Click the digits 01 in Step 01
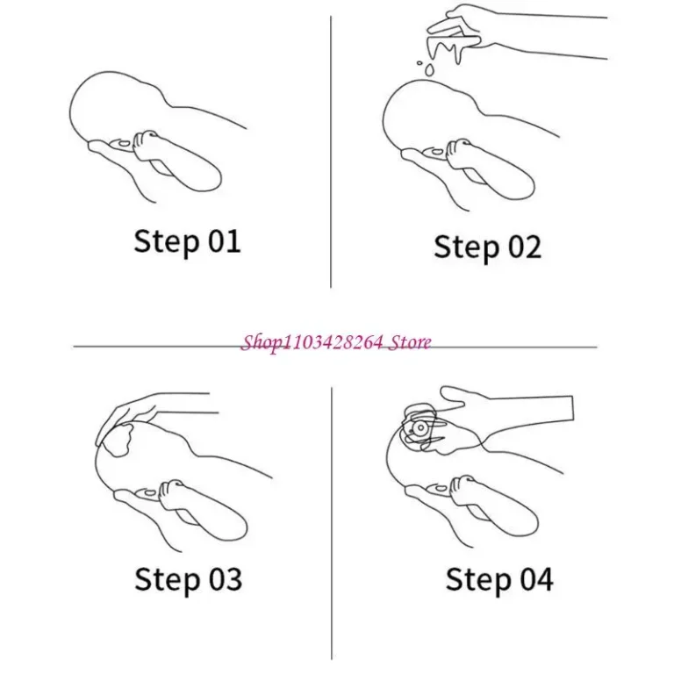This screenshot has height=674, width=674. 224,241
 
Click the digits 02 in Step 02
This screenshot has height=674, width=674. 525,247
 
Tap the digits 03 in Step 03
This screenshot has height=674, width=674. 226,579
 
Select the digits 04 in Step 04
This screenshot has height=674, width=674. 536,579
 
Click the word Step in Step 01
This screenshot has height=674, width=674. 167,243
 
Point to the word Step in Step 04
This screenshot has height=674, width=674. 478,581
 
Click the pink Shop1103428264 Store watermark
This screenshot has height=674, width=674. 336,342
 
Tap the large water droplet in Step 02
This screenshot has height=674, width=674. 429,69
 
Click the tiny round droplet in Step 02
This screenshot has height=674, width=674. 419,63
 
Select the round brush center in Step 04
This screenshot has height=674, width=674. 419,428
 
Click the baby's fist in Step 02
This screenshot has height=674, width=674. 460,153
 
